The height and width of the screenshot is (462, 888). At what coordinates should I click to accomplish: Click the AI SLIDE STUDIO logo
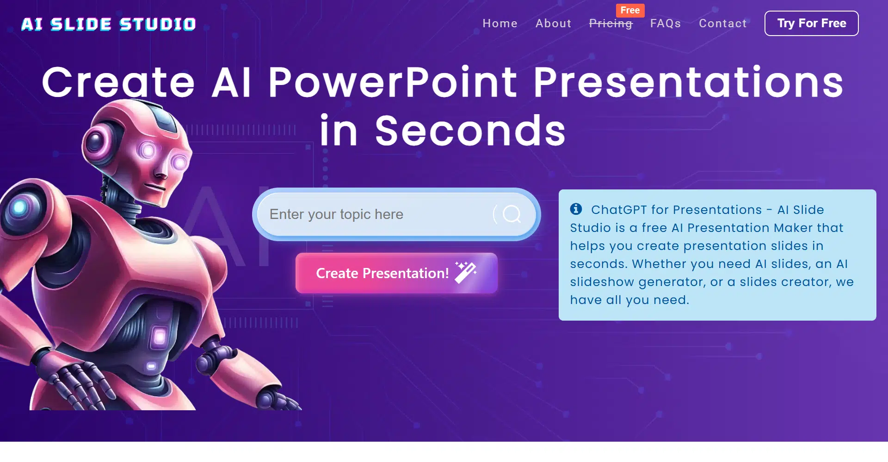click(109, 24)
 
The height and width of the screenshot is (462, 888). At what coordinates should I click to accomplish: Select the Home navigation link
click(500, 24)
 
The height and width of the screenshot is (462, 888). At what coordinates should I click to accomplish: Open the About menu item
click(553, 24)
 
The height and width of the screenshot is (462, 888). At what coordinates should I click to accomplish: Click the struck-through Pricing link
click(610, 24)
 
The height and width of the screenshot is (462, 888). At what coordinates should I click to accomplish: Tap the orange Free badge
click(630, 10)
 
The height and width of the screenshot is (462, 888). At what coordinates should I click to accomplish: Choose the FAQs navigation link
click(666, 24)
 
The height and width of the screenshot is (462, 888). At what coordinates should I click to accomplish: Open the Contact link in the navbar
click(722, 24)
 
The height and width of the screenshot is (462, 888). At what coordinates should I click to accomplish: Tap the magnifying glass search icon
click(512, 214)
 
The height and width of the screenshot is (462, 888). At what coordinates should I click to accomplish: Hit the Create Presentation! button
click(396, 273)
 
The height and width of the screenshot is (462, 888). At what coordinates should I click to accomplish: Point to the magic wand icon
click(466, 272)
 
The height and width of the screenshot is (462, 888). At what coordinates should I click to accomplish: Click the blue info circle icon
click(576, 209)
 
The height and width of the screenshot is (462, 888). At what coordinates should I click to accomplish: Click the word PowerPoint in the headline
click(393, 82)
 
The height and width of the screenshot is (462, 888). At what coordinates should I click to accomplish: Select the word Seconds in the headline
click(470, 131)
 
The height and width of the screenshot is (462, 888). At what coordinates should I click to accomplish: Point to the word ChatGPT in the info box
click(619, 210)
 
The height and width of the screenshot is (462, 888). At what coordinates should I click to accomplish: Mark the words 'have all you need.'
click(629, 300)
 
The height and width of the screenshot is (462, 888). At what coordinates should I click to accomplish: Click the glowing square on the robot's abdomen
click(160, 336)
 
